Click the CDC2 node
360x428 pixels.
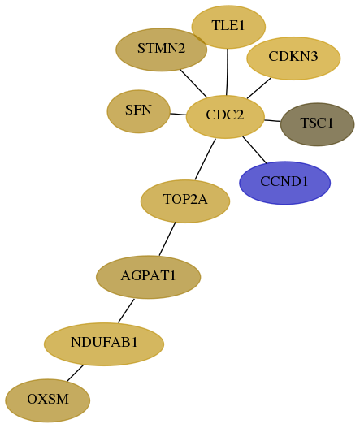coord(225,117)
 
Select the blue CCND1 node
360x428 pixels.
coord(285,183)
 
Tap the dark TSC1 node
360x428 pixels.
coord(318,124)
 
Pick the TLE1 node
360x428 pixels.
coord(228,27)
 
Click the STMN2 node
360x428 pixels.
coord(162,50)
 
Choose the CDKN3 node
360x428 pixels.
coord(293,58)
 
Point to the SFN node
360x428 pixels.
coord(139,111)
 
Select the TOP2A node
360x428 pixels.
coord(185,201)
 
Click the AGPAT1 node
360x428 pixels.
coord(149,277)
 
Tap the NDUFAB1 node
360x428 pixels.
coord(104,344)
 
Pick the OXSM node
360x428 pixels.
coord(48,400)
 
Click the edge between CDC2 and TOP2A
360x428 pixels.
coord(205,159)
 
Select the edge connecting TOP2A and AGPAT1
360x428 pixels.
coord(167,239)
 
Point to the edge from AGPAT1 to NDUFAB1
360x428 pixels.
coord(126,311)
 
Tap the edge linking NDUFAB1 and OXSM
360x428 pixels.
coord(75,373)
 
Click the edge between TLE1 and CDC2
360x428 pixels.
coord(228,72)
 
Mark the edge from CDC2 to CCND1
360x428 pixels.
coord(254,150)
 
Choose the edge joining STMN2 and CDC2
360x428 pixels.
coord(193,84)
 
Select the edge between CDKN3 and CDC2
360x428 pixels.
coord(259,89)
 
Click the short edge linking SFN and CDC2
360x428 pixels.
coord(178,114)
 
